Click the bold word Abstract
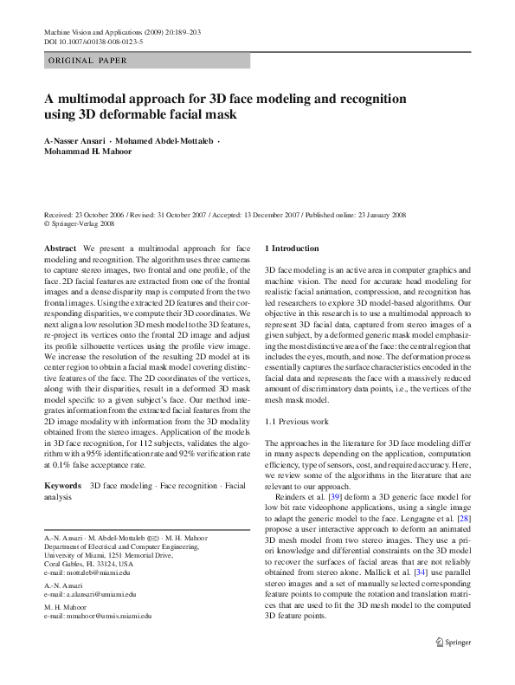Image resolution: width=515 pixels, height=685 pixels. click(x=59, y=248)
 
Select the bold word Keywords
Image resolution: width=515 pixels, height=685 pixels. click(x=62, y=486)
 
